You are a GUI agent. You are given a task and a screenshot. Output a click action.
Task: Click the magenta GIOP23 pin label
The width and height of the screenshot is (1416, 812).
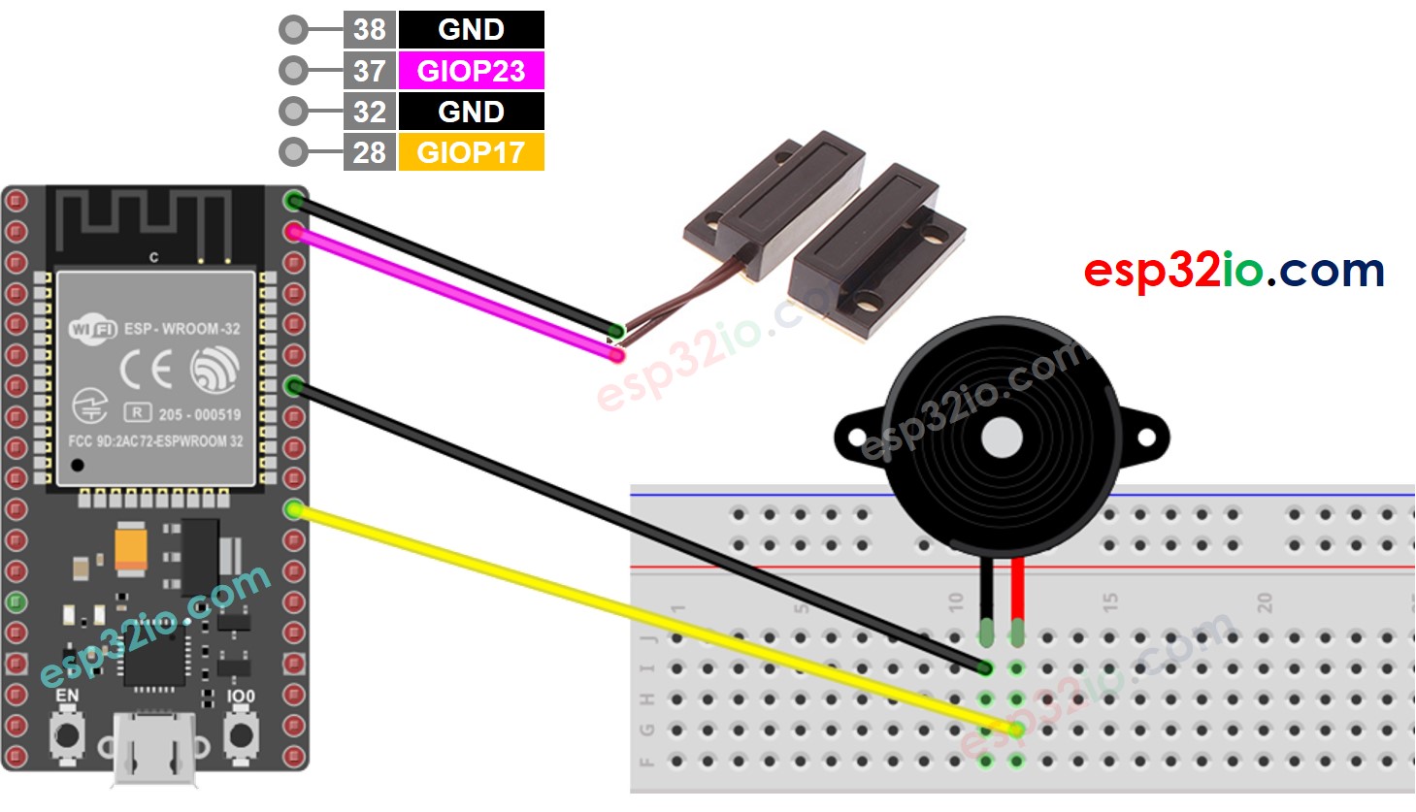[x=471, y=71]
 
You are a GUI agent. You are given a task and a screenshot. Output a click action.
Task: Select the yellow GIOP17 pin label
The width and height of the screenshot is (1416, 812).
[x=471, y=152]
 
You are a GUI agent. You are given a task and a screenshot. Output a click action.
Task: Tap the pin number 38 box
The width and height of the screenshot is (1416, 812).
[x=369, y=29]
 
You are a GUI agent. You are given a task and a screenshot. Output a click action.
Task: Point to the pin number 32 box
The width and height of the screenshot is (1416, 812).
[x=369, y=112]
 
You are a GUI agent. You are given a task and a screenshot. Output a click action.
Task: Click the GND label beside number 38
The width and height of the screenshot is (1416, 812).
[x=471, y=29]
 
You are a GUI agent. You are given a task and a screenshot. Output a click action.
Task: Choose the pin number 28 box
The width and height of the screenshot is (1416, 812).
[x=369, y=152]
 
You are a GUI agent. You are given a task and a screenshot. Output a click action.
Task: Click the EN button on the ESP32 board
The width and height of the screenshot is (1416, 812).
[x=67, y=735]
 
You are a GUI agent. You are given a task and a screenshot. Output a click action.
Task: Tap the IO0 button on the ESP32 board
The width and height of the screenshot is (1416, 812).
[x=240, y=735]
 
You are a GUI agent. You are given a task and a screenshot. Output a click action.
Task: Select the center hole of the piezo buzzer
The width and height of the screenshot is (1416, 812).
[x=1002, y=438]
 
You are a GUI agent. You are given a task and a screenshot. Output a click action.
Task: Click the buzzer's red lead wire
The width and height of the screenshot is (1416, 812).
[x=1017, y=592]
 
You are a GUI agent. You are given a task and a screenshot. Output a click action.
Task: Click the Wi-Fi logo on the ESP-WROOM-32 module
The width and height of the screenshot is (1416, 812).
[x=92, y=329]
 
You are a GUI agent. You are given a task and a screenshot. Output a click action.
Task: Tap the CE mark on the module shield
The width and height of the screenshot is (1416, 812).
[x=147, y=370]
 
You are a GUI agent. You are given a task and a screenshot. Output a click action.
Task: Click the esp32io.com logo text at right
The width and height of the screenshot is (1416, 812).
[x=1234, y=271]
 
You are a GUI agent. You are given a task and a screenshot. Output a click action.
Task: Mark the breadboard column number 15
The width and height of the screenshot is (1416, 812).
[x=1110, y=602]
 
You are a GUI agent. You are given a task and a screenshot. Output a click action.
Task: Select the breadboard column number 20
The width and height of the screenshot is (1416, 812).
[x=1265, y=602]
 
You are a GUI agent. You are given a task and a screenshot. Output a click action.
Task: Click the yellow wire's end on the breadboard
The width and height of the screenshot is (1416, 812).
[x=1015, y=729]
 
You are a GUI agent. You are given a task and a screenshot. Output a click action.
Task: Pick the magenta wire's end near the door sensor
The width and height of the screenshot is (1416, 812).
[x=615, y=354]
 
